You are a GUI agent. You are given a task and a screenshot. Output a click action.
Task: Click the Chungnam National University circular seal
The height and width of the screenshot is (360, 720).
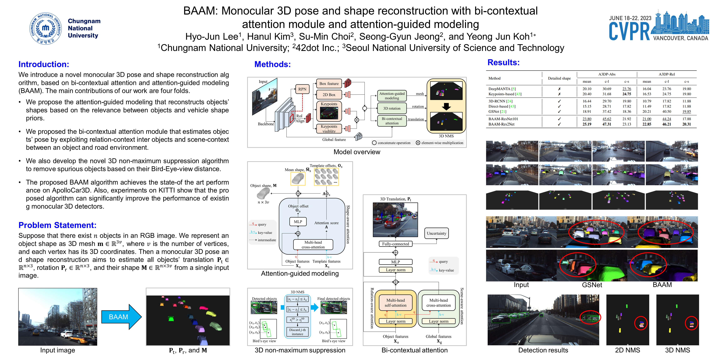[x=46, y=28]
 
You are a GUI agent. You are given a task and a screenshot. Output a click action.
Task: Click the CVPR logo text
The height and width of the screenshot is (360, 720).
[x=629, y=32]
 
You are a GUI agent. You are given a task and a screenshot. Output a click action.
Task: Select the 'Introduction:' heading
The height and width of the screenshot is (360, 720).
[x=44, y=64]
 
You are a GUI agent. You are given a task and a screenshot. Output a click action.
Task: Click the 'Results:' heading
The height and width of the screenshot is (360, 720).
[x=503, y=62]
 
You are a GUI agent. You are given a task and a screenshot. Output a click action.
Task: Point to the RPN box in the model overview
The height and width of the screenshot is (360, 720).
[x=302, y=89]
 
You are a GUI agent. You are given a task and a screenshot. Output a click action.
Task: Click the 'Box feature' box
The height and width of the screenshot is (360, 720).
[x=329, y=84]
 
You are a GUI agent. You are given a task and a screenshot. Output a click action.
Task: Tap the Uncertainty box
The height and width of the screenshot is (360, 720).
[x=436, y=233]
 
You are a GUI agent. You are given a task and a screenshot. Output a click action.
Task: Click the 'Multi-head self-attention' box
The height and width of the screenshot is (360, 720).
[x=395, y=303]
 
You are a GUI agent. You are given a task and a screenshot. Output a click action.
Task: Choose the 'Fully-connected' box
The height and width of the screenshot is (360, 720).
[x=395, y=244]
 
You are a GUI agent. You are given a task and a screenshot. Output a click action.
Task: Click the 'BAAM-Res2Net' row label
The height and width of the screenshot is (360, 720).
[x=501, y=124]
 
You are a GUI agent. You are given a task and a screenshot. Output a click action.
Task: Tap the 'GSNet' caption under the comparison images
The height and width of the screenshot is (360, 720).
[x=592, y=285]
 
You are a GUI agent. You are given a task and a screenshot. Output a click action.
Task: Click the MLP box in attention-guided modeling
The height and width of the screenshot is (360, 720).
[x=298, y=222]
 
